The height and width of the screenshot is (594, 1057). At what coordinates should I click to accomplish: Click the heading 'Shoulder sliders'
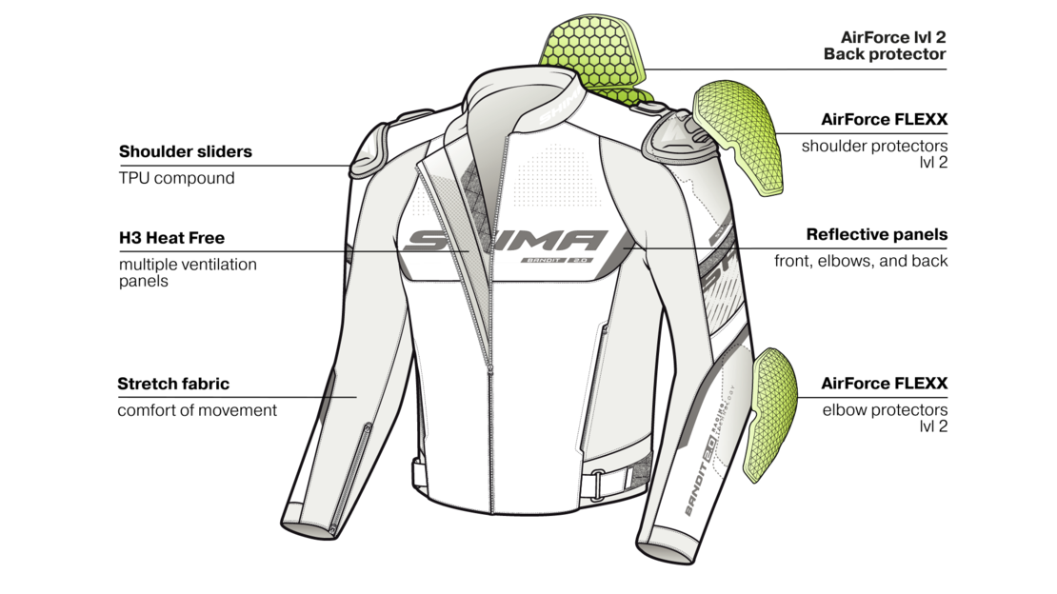point(186,151)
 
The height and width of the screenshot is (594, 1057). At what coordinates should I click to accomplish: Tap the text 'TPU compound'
point(176,179)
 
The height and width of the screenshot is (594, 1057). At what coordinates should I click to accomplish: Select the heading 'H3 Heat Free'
point(172,238)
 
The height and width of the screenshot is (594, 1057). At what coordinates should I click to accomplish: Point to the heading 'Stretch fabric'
point(173,385)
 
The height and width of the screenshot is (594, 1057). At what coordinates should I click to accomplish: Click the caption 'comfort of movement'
point(197,410)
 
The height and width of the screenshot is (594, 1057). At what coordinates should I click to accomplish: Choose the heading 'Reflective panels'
point(877,234)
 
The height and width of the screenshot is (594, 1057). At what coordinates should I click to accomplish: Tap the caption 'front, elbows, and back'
point(861,261)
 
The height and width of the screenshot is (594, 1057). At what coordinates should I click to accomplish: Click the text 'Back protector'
point(885,54)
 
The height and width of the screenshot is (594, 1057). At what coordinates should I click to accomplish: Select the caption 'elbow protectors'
point(885,410)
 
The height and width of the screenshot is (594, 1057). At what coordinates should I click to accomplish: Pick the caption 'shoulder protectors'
point(874,146)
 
